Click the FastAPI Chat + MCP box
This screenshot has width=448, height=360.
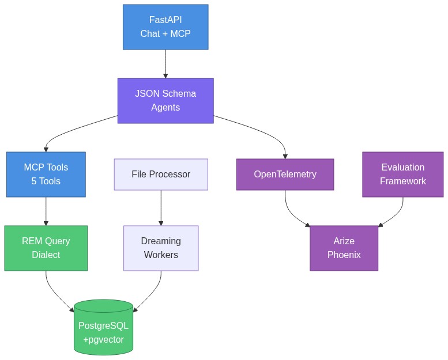tap(165, 27)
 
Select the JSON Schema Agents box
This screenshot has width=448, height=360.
tap(165, 101)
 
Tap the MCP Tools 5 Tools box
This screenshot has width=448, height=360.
tap(46, 175)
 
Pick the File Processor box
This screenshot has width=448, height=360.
tap(161, 175)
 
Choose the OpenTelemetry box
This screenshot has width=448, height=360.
tap(285, 175)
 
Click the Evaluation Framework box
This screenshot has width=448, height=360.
tap(402, 175)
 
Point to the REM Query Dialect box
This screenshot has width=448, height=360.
tap(46, 248)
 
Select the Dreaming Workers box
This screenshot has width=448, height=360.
tap(161, 248)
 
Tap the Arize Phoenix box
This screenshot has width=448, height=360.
tap(344, 248)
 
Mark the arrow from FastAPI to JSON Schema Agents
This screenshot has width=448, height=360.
tap(165, 63)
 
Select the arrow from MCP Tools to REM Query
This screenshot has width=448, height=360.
tap(46, 211)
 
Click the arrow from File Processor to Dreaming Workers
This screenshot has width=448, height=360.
tap(161, 207)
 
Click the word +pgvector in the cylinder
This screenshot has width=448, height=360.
tap(103, 340)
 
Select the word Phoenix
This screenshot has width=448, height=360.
tap(344, 255)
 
